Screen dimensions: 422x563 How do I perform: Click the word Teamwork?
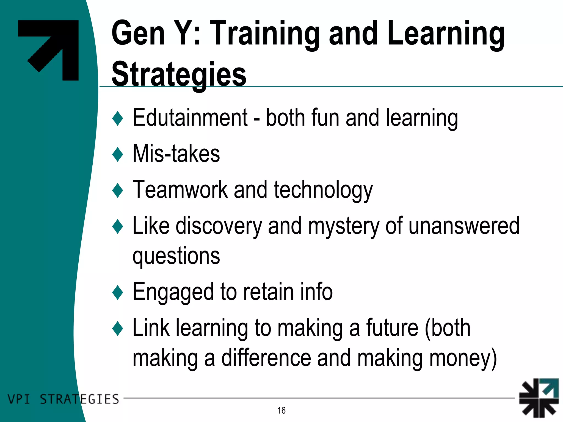(x=180, y=190)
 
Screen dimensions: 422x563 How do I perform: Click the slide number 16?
(x=281, y=410)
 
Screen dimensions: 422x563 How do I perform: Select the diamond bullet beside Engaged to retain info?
(x=118, y=292)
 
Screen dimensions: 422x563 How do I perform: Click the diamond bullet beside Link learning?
(x=118, y=328)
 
